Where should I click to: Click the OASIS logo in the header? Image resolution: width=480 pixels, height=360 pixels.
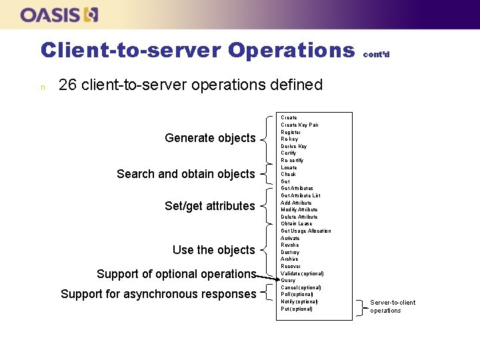(x=59, y=15)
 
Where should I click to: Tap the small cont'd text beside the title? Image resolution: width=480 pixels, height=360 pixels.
(x=376, y=55)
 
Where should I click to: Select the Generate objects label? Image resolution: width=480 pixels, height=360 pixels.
(x=210, y=138)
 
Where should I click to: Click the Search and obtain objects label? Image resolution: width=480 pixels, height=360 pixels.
(x=185, y=174)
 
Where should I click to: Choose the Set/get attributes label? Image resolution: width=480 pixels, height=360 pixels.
(x=209, y=206)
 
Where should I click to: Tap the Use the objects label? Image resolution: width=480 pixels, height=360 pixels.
(x=213, y=250)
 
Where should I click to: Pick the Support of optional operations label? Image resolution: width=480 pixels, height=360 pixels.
(x=176, y=274)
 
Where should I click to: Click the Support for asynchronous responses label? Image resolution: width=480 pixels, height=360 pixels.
(x=158, y=294)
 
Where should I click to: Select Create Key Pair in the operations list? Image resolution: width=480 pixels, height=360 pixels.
(x=299, y=125)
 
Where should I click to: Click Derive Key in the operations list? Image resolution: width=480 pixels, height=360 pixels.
(x=293, y=146)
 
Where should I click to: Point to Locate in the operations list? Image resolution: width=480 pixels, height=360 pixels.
(x=289, y=167)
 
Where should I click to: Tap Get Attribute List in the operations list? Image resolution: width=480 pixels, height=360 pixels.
(x=300, y=195)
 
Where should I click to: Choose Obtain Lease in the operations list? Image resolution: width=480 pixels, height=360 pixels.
(x=296, y=224)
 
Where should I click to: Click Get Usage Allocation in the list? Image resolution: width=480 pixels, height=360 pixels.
(x=305, y=231)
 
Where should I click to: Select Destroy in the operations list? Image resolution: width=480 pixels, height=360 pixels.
(x=290, y=252)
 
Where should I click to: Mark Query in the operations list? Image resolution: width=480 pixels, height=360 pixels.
(x=288, y=281)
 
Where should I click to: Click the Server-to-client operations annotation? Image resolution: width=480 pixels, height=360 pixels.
(x=392, y=307)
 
